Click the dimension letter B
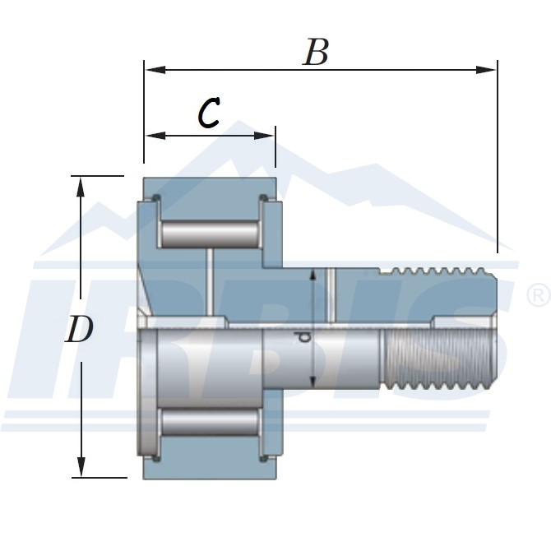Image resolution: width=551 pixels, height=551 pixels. tap(316, 53)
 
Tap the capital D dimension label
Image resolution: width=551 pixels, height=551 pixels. tap(79, 331)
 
